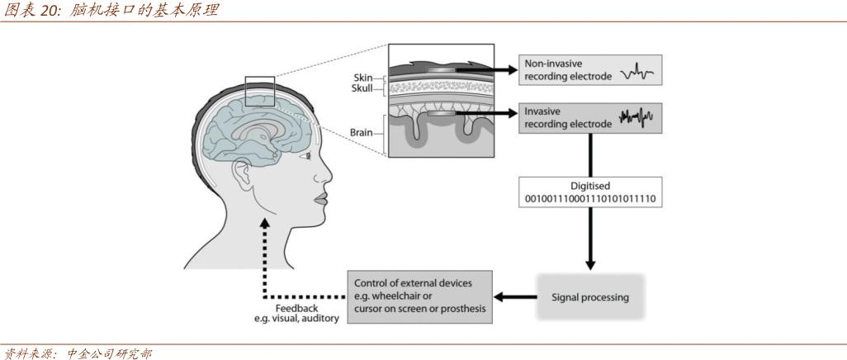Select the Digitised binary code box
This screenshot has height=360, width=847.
[589, 192]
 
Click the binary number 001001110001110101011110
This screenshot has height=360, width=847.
[589, 199]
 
